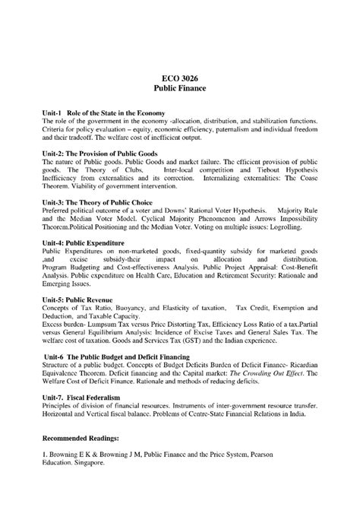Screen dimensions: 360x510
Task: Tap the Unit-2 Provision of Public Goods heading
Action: point(100,153)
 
